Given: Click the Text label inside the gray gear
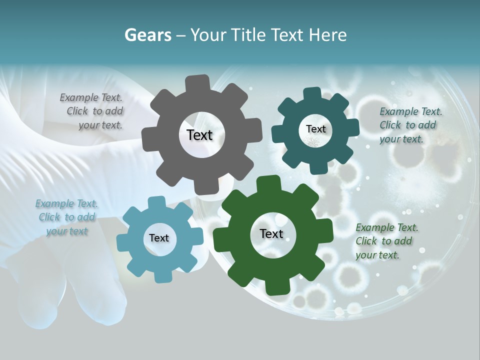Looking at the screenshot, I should pos(199,135).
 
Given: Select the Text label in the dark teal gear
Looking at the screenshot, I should pos(315,129).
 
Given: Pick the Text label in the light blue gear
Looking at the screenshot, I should pos(159,238).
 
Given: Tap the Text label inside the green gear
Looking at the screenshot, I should pos(271,233).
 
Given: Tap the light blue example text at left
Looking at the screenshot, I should pos(66,217).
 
